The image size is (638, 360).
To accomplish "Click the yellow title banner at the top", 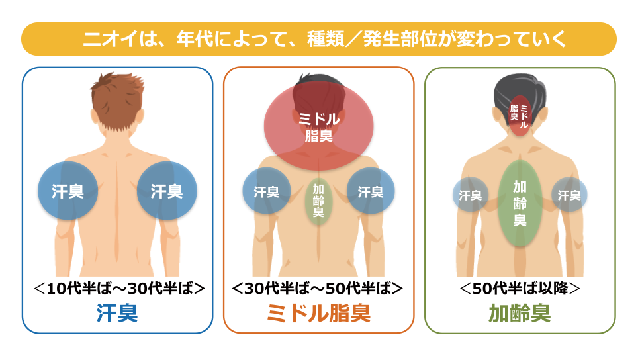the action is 319,39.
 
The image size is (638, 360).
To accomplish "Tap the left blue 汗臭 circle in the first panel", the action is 68,191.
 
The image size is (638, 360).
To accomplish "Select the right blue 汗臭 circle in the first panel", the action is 167,191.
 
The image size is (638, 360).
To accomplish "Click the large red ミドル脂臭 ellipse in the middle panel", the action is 318,126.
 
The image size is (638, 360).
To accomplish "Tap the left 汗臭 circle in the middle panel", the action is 267,191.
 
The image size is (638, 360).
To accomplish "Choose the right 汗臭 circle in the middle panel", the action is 371,191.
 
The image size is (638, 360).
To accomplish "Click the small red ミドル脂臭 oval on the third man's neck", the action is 520,116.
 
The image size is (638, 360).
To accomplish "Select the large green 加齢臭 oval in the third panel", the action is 520,203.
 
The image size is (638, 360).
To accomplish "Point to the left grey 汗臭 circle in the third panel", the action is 471,195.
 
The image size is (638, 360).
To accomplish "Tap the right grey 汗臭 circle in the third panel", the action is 569,195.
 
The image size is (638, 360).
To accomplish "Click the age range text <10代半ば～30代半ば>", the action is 119,289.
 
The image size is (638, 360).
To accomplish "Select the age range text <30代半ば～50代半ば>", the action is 318,289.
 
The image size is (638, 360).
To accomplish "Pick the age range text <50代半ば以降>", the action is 520,289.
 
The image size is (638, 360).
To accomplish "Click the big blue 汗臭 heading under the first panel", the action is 117,313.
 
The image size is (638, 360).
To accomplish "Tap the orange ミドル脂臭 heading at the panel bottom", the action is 318,313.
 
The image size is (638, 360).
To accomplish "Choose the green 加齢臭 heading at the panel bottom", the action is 520,313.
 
